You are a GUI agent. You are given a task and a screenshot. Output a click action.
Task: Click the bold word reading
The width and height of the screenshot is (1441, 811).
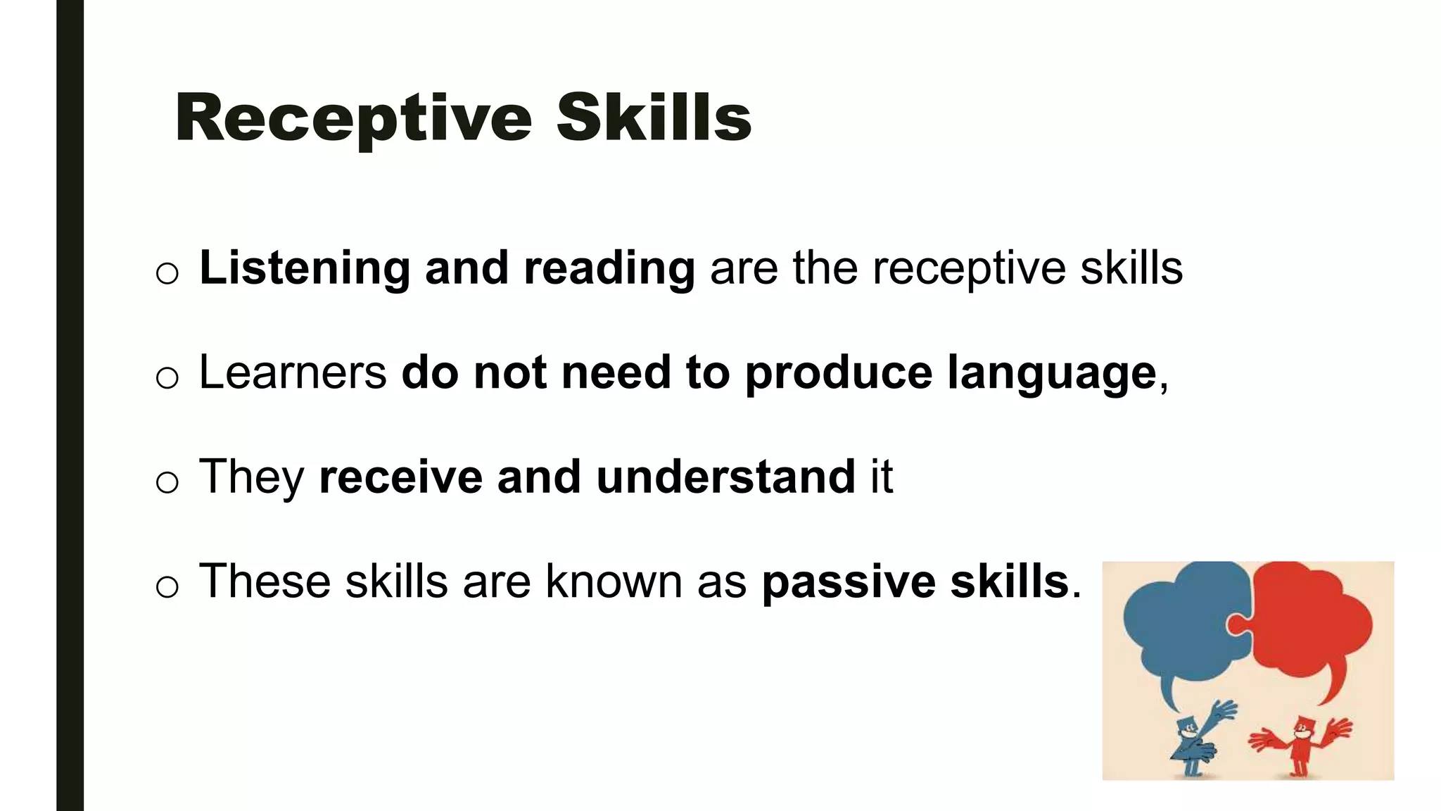coord(609,269)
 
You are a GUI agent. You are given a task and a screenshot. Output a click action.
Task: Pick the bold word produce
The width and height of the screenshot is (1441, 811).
coord(838,373)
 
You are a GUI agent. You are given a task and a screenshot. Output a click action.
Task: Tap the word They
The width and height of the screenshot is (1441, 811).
coord(252,477)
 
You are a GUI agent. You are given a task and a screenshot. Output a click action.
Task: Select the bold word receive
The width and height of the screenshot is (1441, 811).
coord(400,477)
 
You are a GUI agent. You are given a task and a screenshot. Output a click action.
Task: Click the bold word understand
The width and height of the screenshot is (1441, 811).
coord(725,477)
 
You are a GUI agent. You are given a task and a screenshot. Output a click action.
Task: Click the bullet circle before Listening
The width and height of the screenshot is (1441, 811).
coord(167,273)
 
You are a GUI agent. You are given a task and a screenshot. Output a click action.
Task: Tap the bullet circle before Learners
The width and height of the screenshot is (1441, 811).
coord(167,378)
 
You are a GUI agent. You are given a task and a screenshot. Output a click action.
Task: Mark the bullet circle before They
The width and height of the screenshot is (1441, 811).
coord(167,482)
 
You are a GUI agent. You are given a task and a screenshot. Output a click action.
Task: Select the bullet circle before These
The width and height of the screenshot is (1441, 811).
coord(167,586)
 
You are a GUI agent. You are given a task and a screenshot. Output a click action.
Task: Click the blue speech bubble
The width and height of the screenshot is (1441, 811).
coord(1175,627)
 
